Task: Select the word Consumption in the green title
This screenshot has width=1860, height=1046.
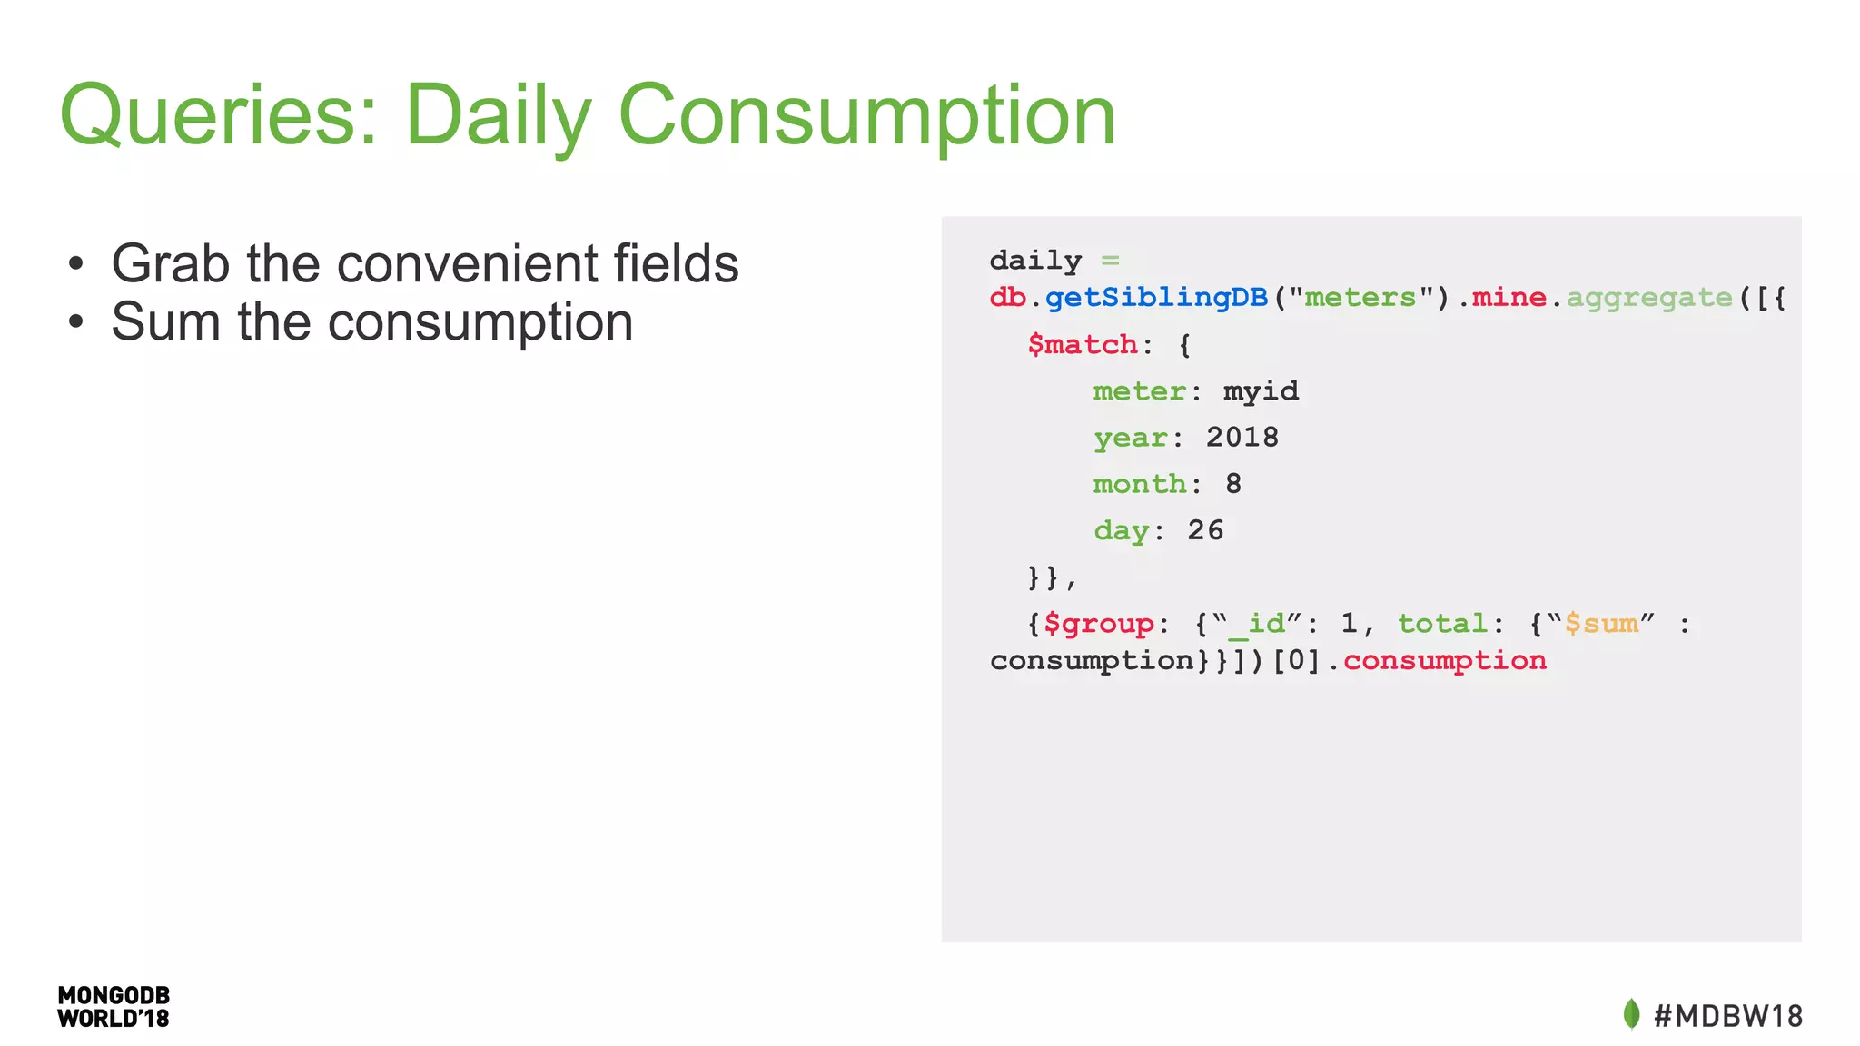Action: click(866, 116)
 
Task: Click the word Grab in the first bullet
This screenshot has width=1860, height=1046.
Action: click(170, 264)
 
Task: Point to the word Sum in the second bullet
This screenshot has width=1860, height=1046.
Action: click(165, 322)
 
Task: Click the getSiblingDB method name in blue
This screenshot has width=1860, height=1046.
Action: click(1156, 298)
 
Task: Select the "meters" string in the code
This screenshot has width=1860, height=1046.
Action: click(1360, 298)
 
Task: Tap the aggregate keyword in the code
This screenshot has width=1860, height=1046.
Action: click(1649, 298)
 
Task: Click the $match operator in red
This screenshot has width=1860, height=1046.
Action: click(1083, 345)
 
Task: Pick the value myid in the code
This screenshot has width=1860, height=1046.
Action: click(1261, 391)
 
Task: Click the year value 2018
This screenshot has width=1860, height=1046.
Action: click(1242, 438)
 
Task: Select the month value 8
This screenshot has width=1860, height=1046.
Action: click(1232, 484)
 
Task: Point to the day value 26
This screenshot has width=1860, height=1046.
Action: click(1205, 530)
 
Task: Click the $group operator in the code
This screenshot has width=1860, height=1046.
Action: click(1099, 624)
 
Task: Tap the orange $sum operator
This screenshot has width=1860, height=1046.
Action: click(1601, 624)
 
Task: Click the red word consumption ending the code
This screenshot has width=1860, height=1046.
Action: click(1444, 661)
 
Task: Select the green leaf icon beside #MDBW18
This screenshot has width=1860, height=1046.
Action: click(1631, 1014)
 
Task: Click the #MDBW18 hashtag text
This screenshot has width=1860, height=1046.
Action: click(1727, 1016)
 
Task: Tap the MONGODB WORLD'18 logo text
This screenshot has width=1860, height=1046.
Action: click(114, 1007)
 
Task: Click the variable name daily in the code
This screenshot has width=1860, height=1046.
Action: click(1035, 261)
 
